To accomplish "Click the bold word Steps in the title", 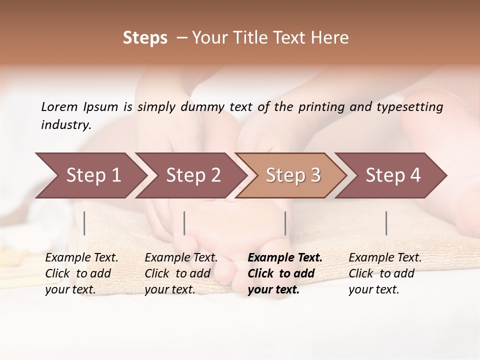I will click(145, 38).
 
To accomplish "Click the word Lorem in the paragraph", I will click(59, 106).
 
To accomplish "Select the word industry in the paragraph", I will click(65, 125).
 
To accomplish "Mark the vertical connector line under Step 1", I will click(84, 223).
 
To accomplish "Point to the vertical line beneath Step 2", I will click(184, 223).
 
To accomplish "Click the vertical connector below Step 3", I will click(285, 223).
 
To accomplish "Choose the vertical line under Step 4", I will click(386, 223).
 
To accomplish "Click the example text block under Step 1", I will click(81, 273).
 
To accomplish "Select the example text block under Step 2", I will click(181, 273).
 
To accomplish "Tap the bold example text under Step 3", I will click(285, 273).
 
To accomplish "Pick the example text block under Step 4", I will click(385, 273).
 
